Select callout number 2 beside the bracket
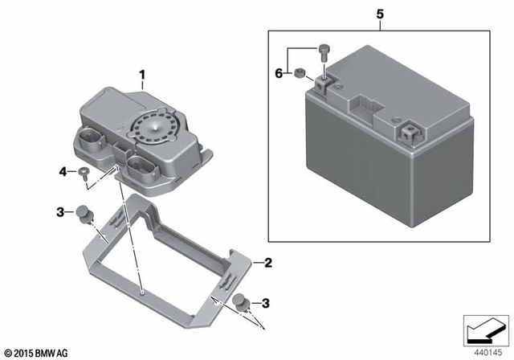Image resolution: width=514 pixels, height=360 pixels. point(268,263)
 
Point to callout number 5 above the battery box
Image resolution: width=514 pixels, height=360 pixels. point(380,14)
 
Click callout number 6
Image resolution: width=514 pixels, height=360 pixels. point(279,73)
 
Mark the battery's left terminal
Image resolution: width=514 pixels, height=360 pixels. point(325,84)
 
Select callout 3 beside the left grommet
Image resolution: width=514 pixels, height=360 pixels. point(60,211)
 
